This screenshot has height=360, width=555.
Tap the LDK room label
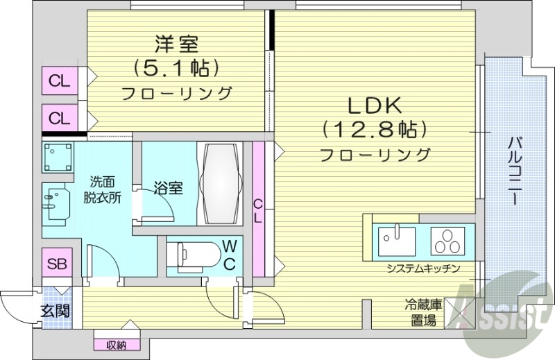pyautogui.click(x=374, y=105)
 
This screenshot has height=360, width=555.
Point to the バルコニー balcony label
pyautogui.click(x=515, y=171)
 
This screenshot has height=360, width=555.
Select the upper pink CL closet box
pyautogui.click(x=60, y=81)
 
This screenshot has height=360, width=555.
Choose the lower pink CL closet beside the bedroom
pyautogui.click(x=60, y=118)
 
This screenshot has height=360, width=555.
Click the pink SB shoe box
pyautogui.click(x=57, y=264)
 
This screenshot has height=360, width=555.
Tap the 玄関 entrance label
pyautogui.click(x=54, y=310)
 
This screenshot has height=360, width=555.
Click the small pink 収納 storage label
pyautogui.click(x=116, y=345)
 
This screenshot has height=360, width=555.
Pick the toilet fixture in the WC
pyautogui.click(x=191, y=255)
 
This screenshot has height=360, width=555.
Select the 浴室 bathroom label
pyautogui.click(x=168, y=187)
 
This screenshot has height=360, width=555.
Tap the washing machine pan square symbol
pyautogui.click(x=58, y=158)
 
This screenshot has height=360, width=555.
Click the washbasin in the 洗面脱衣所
pyautogui.click(x=55, y=203)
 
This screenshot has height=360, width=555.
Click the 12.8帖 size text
pyautogui.click(x=373, y=130)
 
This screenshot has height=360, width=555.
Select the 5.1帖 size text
pyautogui.click(x=176, y=68)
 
